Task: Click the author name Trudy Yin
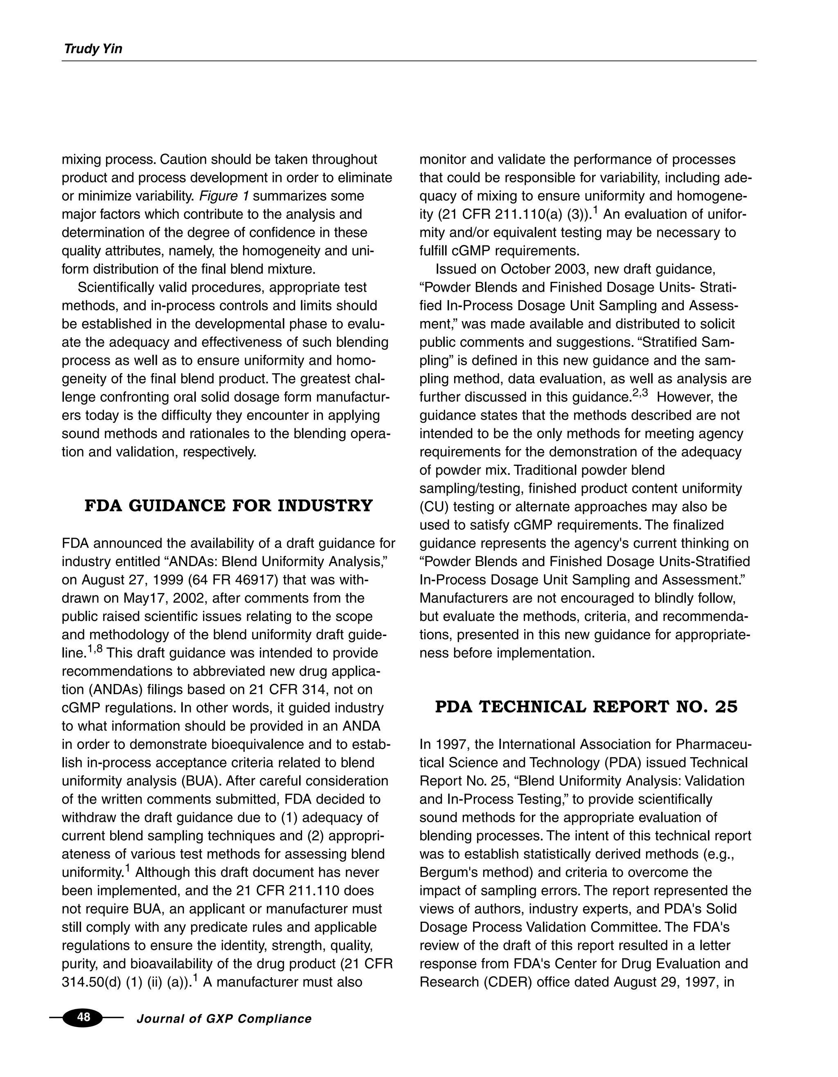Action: tap(93, 49)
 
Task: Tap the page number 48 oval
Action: tap(83, 1017)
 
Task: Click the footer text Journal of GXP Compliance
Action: tap(224, 1019)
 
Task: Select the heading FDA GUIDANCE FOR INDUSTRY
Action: tap(228, 506)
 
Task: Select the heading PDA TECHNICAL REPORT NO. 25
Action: tap(586, 707)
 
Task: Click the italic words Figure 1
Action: tap(224, 196)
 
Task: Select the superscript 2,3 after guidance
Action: tap(641, 394)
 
